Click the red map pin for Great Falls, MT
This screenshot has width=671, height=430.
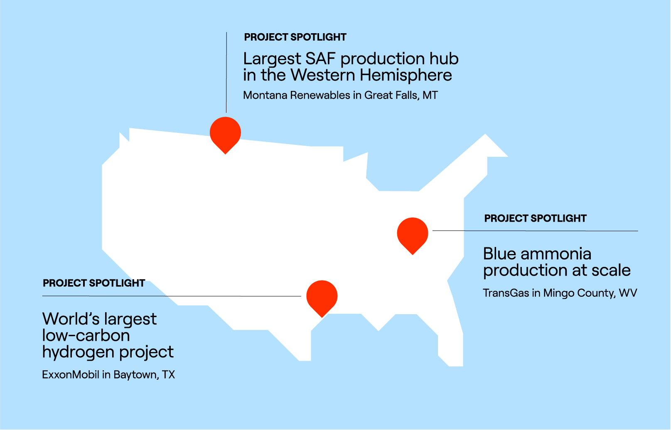point(225,133)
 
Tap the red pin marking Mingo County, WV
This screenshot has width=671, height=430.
point(412,234)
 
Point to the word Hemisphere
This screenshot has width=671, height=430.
point(406,76)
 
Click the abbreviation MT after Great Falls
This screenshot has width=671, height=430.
point(430,95)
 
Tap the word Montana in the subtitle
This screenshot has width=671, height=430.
point(265,95)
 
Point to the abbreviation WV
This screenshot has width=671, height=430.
point(628,293)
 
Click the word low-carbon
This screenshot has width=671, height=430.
point(86,335)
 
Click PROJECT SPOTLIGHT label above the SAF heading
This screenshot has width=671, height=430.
point(295,37)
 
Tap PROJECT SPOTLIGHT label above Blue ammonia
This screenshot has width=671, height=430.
point(535,218)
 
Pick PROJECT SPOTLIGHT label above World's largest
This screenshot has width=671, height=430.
point(94,283)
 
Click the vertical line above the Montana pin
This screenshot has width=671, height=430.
point(226,73)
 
